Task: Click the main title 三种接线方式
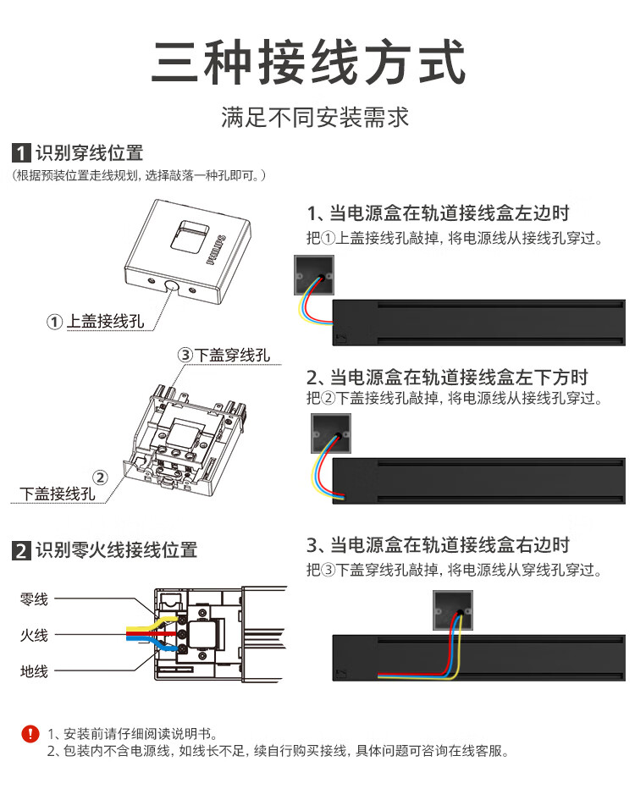(310, 63)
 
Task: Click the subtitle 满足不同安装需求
(315, 117)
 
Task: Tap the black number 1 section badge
(20, 154)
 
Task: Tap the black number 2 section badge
(20, 551)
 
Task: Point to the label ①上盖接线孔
(97, 322)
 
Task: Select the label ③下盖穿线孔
(224, 355)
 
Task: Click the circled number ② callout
(100, 477)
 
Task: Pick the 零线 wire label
(35, 599)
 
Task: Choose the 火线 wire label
(35, 635)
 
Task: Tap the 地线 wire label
(35, 671)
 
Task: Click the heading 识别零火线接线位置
(116, 550)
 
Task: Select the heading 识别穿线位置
(89, 153)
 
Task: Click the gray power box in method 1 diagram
(313, 276)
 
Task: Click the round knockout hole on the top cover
(172, 288)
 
